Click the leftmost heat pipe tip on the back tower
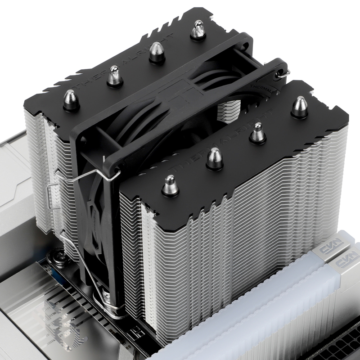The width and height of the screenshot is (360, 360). coord(71,100)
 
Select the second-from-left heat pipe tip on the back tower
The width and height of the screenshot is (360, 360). coord(114,76)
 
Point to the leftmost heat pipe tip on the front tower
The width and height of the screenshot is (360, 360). coord(170,185)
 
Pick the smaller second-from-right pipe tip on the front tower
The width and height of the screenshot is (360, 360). coord(257,133)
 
